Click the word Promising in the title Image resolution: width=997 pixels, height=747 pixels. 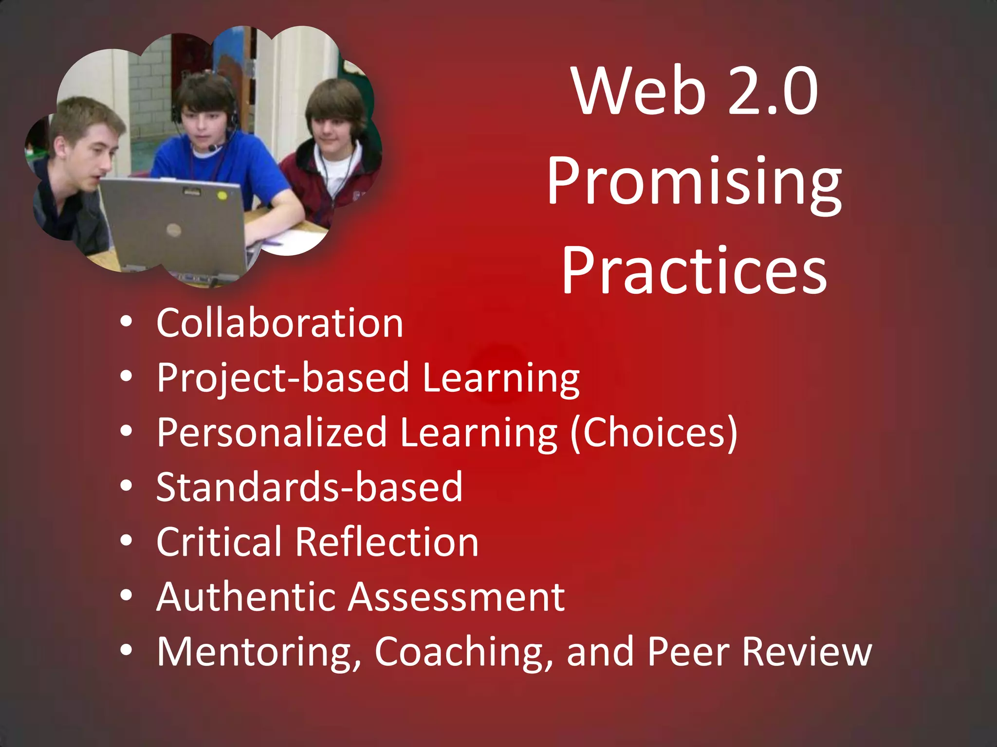(x=694, y=182)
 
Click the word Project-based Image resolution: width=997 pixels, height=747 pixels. (x=283, y=378)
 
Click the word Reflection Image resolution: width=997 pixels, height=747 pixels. (x=387, y=542)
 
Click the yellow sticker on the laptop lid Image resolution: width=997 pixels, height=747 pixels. (x=222, y=196)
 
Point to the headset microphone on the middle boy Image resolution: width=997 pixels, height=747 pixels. (x=213, y=147)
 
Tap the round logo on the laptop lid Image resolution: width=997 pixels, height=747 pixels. (x=174, y=230)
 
